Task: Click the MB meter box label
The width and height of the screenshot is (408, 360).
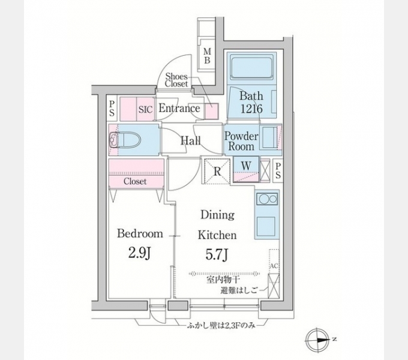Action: [207, 56]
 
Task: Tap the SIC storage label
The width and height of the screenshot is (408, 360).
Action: [145, 110]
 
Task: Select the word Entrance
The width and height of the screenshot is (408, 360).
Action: [179, 108]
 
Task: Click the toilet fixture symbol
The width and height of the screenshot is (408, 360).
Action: [125, 140]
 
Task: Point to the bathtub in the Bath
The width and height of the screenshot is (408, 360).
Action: [251, 68]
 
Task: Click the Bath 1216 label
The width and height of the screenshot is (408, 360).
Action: [251, 102]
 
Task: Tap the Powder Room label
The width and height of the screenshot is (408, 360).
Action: [241, 141]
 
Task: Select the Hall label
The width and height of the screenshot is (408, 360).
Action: [191, 141]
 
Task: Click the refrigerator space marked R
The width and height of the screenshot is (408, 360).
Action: [217, 171]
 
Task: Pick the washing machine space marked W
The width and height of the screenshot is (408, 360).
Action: [246, 169]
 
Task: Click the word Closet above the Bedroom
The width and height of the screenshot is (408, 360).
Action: [135, 181]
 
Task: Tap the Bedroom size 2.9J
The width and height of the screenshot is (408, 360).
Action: [139, 253]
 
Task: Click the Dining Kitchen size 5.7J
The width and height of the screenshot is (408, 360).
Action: [217, 254]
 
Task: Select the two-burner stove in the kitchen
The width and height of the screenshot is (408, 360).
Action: [267, 200]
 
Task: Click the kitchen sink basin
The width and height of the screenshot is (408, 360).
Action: [266, 225]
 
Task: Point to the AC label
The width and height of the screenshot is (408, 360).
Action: [274, 266]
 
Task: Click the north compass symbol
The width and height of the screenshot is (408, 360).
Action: [316, 340]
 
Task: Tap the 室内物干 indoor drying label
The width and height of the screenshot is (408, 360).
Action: [223, 280]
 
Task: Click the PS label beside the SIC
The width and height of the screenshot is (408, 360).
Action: [112, 109]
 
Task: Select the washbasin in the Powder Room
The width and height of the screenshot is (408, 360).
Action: [269, 137]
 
